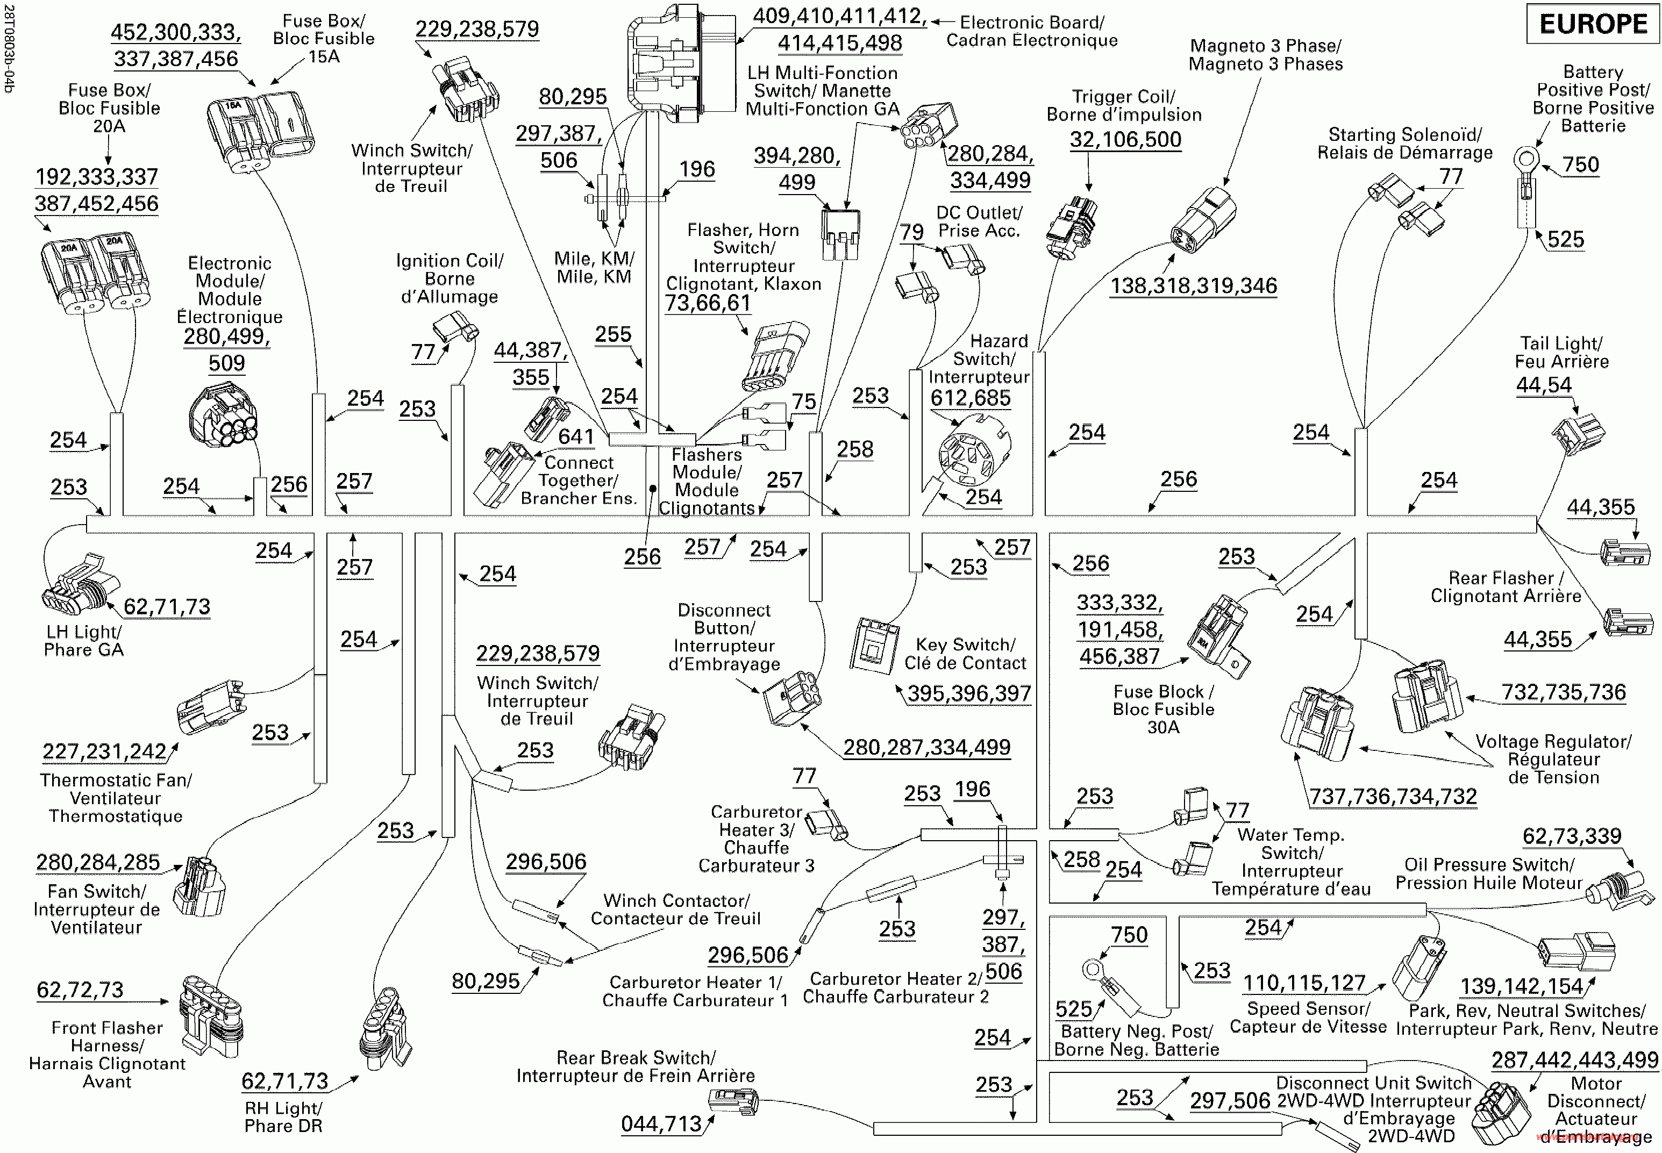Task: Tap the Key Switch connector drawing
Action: (x=874, y=645)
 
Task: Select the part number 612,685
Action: (x=971, y=398)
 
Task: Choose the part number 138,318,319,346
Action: (x=1194, y=286)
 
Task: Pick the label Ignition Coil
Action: (x=450, y=261)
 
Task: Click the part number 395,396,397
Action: (x=969, y=693)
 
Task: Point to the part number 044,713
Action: (x=661, y=1124)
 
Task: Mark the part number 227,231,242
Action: (x=105, y=752)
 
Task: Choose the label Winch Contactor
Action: (x=676, y=901)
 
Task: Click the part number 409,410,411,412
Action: (x=840, y=16)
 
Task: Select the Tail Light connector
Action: (x=1578, y=433)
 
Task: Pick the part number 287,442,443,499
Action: (x=1575, y=1061)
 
